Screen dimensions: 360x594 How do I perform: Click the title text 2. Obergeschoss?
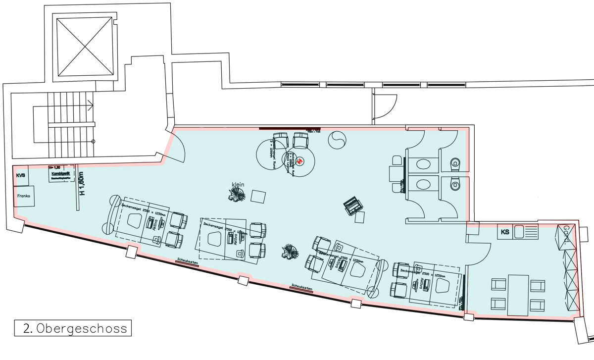coord(73,328)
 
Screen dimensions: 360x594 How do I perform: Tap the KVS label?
coord(21,176)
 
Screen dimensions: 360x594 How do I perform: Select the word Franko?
coord(24,196)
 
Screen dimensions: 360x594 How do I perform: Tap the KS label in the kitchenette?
coord(505,232)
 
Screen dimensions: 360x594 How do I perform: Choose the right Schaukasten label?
coord(302,287)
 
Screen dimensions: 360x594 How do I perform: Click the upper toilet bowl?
coord(454,164)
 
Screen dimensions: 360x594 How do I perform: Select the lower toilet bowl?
coord(454,185)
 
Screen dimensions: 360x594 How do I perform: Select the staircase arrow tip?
coord(93,104)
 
